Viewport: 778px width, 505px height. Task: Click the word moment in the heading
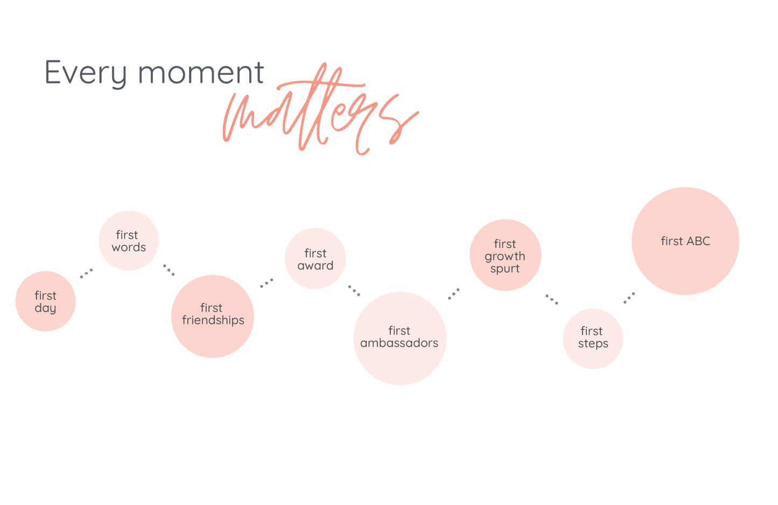coord(201,72)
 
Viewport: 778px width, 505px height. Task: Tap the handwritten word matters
coord(320,109)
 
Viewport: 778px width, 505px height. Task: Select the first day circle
coord(46,301)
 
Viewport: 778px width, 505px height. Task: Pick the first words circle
coord(129,240)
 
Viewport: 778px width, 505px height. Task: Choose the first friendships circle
coord(213,316)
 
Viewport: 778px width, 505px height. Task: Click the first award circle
coord(315,259)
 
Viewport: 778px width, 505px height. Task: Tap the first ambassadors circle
coord(399,338)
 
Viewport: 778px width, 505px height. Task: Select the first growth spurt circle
coord(506,255)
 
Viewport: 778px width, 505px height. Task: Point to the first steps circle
coord(593,339)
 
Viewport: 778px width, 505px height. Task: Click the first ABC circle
coord(685,241)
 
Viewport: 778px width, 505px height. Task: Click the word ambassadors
coord(399,343)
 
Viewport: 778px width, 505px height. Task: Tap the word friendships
coord(213,321)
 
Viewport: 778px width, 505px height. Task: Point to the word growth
coord(505,257)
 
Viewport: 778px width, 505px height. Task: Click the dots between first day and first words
coord(86,273)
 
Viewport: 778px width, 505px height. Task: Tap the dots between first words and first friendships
coord(169,270)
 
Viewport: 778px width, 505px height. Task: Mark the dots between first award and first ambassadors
coord(354,290)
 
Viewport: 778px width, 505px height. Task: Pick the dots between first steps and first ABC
coord(629,298)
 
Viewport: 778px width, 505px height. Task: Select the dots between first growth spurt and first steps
coord(551,299)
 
